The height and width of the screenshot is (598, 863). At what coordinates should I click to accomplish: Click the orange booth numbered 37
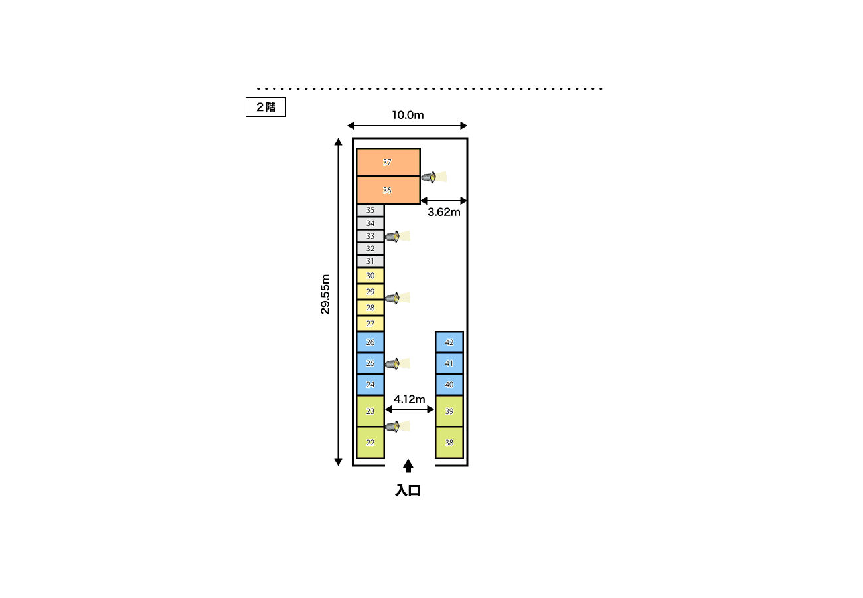tap(388, 162)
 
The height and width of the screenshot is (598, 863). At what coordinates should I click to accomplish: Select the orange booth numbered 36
tap(388, 190)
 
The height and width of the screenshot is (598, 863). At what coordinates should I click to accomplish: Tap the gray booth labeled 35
tap(370, 210)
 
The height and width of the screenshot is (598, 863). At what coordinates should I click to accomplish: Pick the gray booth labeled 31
tap(370, 261)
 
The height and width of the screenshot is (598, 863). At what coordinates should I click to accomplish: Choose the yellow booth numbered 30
tap(370, 276)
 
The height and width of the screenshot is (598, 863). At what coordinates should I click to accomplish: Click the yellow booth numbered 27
tap(370, 324)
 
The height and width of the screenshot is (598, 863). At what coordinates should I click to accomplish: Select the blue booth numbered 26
tap(370, 342)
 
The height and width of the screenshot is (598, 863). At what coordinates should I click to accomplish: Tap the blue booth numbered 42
tap(449, 342)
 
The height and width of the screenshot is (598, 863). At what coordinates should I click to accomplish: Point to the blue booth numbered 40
tap(449, 385)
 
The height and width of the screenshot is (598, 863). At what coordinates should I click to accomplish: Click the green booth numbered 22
tap(370, 443)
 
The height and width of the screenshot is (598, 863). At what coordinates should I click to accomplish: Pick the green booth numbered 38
tap(449, 443)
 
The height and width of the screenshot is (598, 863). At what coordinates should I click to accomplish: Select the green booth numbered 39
tap(449, 411)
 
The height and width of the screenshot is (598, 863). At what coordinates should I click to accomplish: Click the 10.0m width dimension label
tap(408, 115)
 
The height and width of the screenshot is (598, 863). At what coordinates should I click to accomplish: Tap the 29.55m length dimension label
tap(325, 294)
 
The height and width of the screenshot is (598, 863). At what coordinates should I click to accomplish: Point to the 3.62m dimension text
tap(444, 212)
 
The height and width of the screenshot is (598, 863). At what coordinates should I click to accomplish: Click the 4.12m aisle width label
tap(409, 399)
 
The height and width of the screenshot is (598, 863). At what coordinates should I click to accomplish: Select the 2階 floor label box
tap(266, 107)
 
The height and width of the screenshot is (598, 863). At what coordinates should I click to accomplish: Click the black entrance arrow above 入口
tap(408, 466)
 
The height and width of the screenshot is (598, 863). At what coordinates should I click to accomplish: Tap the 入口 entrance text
tap(408, 490)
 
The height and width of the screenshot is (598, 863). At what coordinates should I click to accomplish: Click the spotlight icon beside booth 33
tap(397, 236)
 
